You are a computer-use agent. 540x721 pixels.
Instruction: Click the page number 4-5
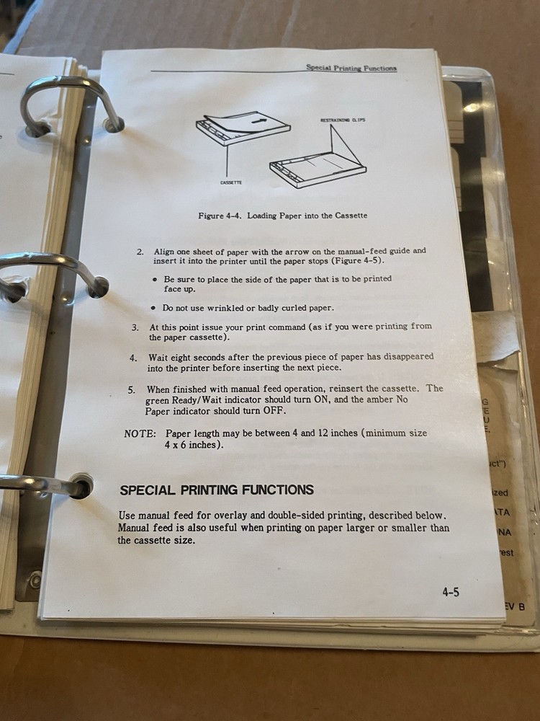click(x=451, y=593)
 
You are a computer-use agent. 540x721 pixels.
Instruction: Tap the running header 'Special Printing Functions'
click(x=351, y=68)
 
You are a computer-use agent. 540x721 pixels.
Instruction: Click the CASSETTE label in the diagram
click(x=231, y=183)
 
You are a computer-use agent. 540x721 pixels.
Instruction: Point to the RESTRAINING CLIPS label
click(x=343, y=120)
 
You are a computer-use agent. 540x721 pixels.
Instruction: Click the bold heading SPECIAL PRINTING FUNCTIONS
click(x=216, y=490)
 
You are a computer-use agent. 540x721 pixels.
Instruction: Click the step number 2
click(x=140, y=252)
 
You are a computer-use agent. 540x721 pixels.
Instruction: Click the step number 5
click(x=132, y=389)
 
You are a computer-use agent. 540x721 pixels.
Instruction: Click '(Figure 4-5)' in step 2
click(x=355, y=261)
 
